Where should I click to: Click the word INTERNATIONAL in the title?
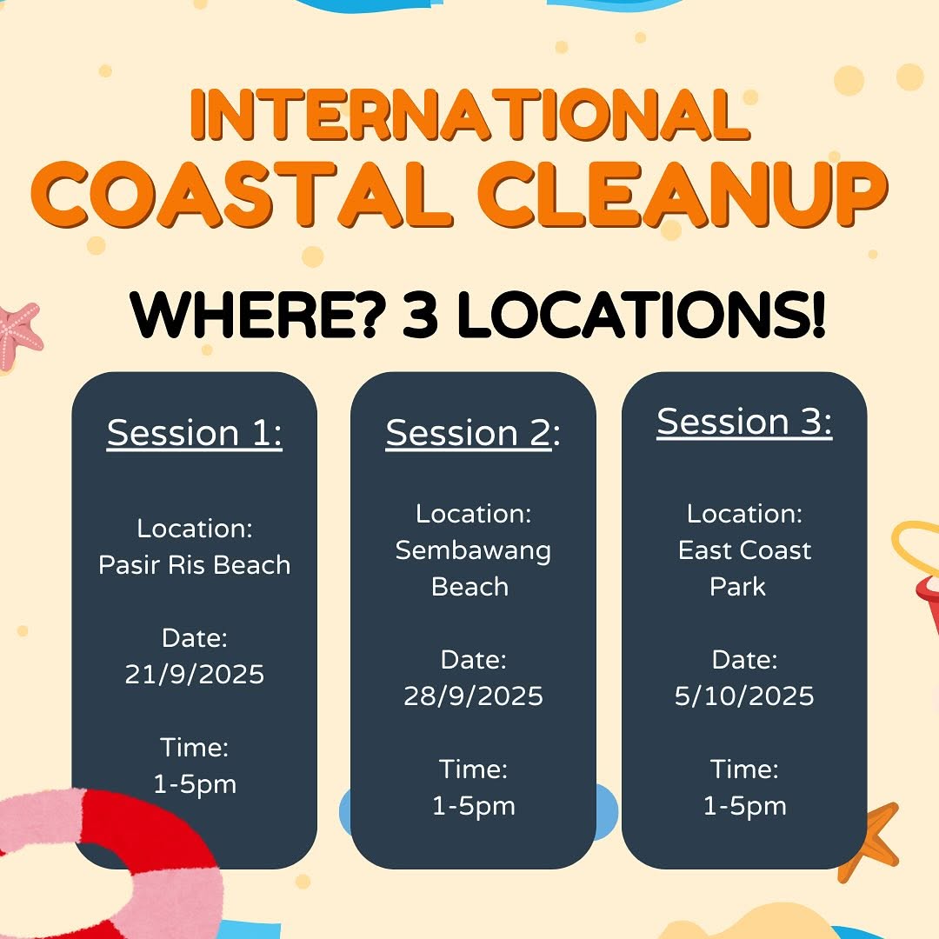coord(469,115)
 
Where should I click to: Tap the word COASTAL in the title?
coord(243,194)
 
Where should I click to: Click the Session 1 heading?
coord(194,432)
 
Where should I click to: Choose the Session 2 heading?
coord(472,432)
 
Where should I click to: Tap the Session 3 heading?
coord(744,422)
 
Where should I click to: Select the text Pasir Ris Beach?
coord(194,565)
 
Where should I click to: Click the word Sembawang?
coord(472,551)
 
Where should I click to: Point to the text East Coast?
coord(744,550)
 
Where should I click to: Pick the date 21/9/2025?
coord(194,675)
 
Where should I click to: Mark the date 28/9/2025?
coord(472,696)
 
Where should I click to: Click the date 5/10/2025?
coord(744,696)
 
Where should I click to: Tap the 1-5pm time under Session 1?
coord(195,785)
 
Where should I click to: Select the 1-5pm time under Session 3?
coord(744,807)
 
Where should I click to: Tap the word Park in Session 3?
coord(737,587)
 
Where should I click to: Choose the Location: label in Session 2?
coord(473,514)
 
